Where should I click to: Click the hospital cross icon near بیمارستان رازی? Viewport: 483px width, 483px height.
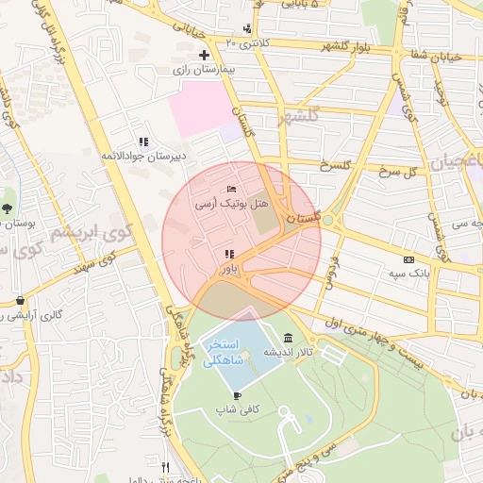coord(203,56)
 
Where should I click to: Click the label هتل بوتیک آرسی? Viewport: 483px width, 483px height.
coord(232,204)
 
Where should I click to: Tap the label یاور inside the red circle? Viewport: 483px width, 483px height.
coord(228,269)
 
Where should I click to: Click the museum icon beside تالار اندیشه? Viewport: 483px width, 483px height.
coord(287,339)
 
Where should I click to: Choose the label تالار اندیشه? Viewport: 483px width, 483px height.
coord(287,352)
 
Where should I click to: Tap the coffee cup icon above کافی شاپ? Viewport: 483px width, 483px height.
coord(236,396)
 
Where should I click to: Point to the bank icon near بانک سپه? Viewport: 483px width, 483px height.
coord(408,259)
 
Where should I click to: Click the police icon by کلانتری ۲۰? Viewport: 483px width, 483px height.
coord(247,29)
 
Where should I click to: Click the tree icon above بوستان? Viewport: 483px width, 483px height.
coord(8,208)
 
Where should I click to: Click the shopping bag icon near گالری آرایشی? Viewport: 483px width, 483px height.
coord(20,301)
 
